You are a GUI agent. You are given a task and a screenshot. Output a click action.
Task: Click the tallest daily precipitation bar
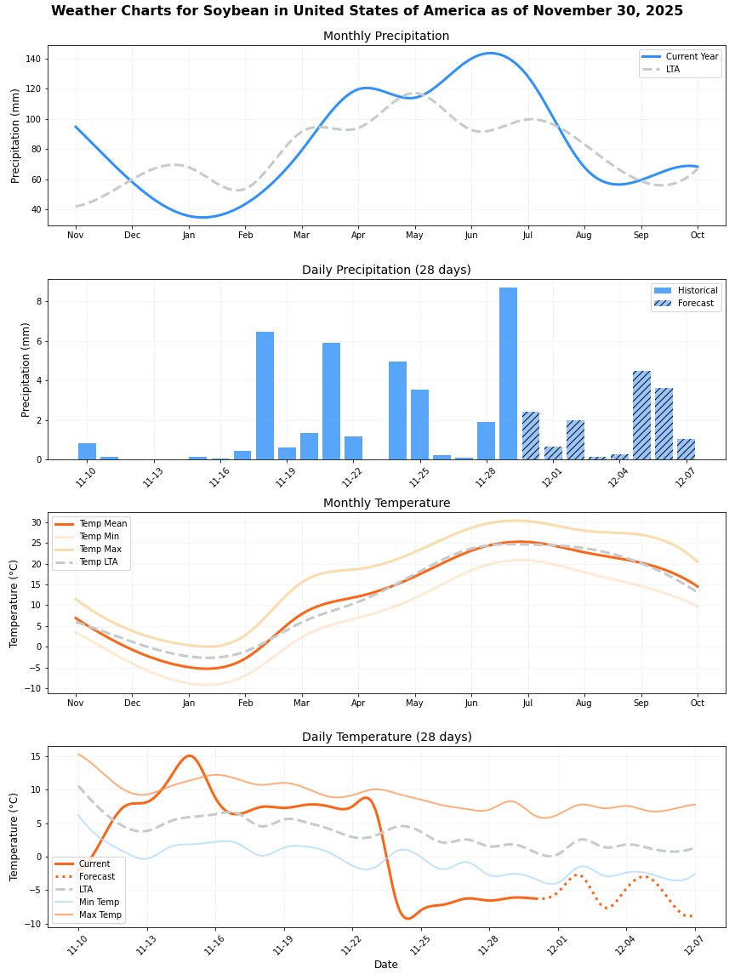508,373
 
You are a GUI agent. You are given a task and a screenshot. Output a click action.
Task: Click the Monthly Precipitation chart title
386,37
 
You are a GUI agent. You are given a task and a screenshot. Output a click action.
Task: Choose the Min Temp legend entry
99,902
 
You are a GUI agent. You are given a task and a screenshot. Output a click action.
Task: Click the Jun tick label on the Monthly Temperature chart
470,704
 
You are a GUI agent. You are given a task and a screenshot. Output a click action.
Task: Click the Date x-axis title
386,965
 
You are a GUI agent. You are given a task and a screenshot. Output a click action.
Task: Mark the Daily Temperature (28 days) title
386,738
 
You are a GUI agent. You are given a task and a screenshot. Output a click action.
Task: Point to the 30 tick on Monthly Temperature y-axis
36,522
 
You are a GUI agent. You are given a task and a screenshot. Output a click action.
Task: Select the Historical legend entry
697,290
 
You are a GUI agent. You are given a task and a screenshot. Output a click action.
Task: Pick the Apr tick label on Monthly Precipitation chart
358,235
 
